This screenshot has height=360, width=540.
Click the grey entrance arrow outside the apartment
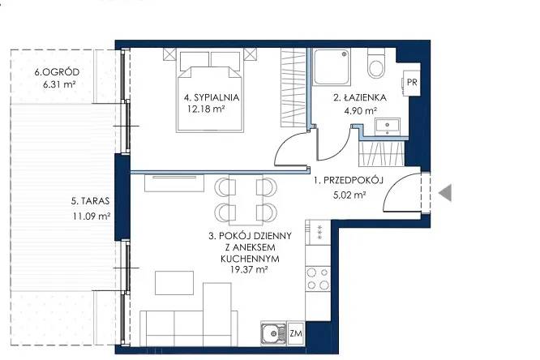(x=446, y=193)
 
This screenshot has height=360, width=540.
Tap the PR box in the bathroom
(x=412, y=82)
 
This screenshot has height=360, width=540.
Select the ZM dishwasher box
(x=296, y=333)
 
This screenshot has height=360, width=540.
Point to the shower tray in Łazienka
(x=332, y=66)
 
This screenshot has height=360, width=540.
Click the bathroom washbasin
(x=388, y=126)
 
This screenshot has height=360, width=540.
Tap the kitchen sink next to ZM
(x=273, y=334)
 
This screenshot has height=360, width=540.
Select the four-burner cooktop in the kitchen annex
(x=318, y=279)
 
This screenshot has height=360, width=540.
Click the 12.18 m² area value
(x=206, y=109)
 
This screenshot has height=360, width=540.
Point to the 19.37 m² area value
(x=250, y=269)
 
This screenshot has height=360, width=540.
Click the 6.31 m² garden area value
(x=59, y=84)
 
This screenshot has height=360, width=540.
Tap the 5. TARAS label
(x=90, y=201)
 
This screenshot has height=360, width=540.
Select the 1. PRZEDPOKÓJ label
(x=348, y=180)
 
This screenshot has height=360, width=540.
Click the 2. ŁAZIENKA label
(x=360, y=98)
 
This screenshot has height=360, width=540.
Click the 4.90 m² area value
(x=360, y=110)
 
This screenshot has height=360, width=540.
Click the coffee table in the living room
(x=174, y=283)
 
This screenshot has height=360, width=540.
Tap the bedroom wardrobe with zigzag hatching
(x=294, y=87)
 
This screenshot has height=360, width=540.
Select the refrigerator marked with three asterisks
(x=318, y=232)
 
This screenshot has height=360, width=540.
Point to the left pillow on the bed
(x=195, y=60)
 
